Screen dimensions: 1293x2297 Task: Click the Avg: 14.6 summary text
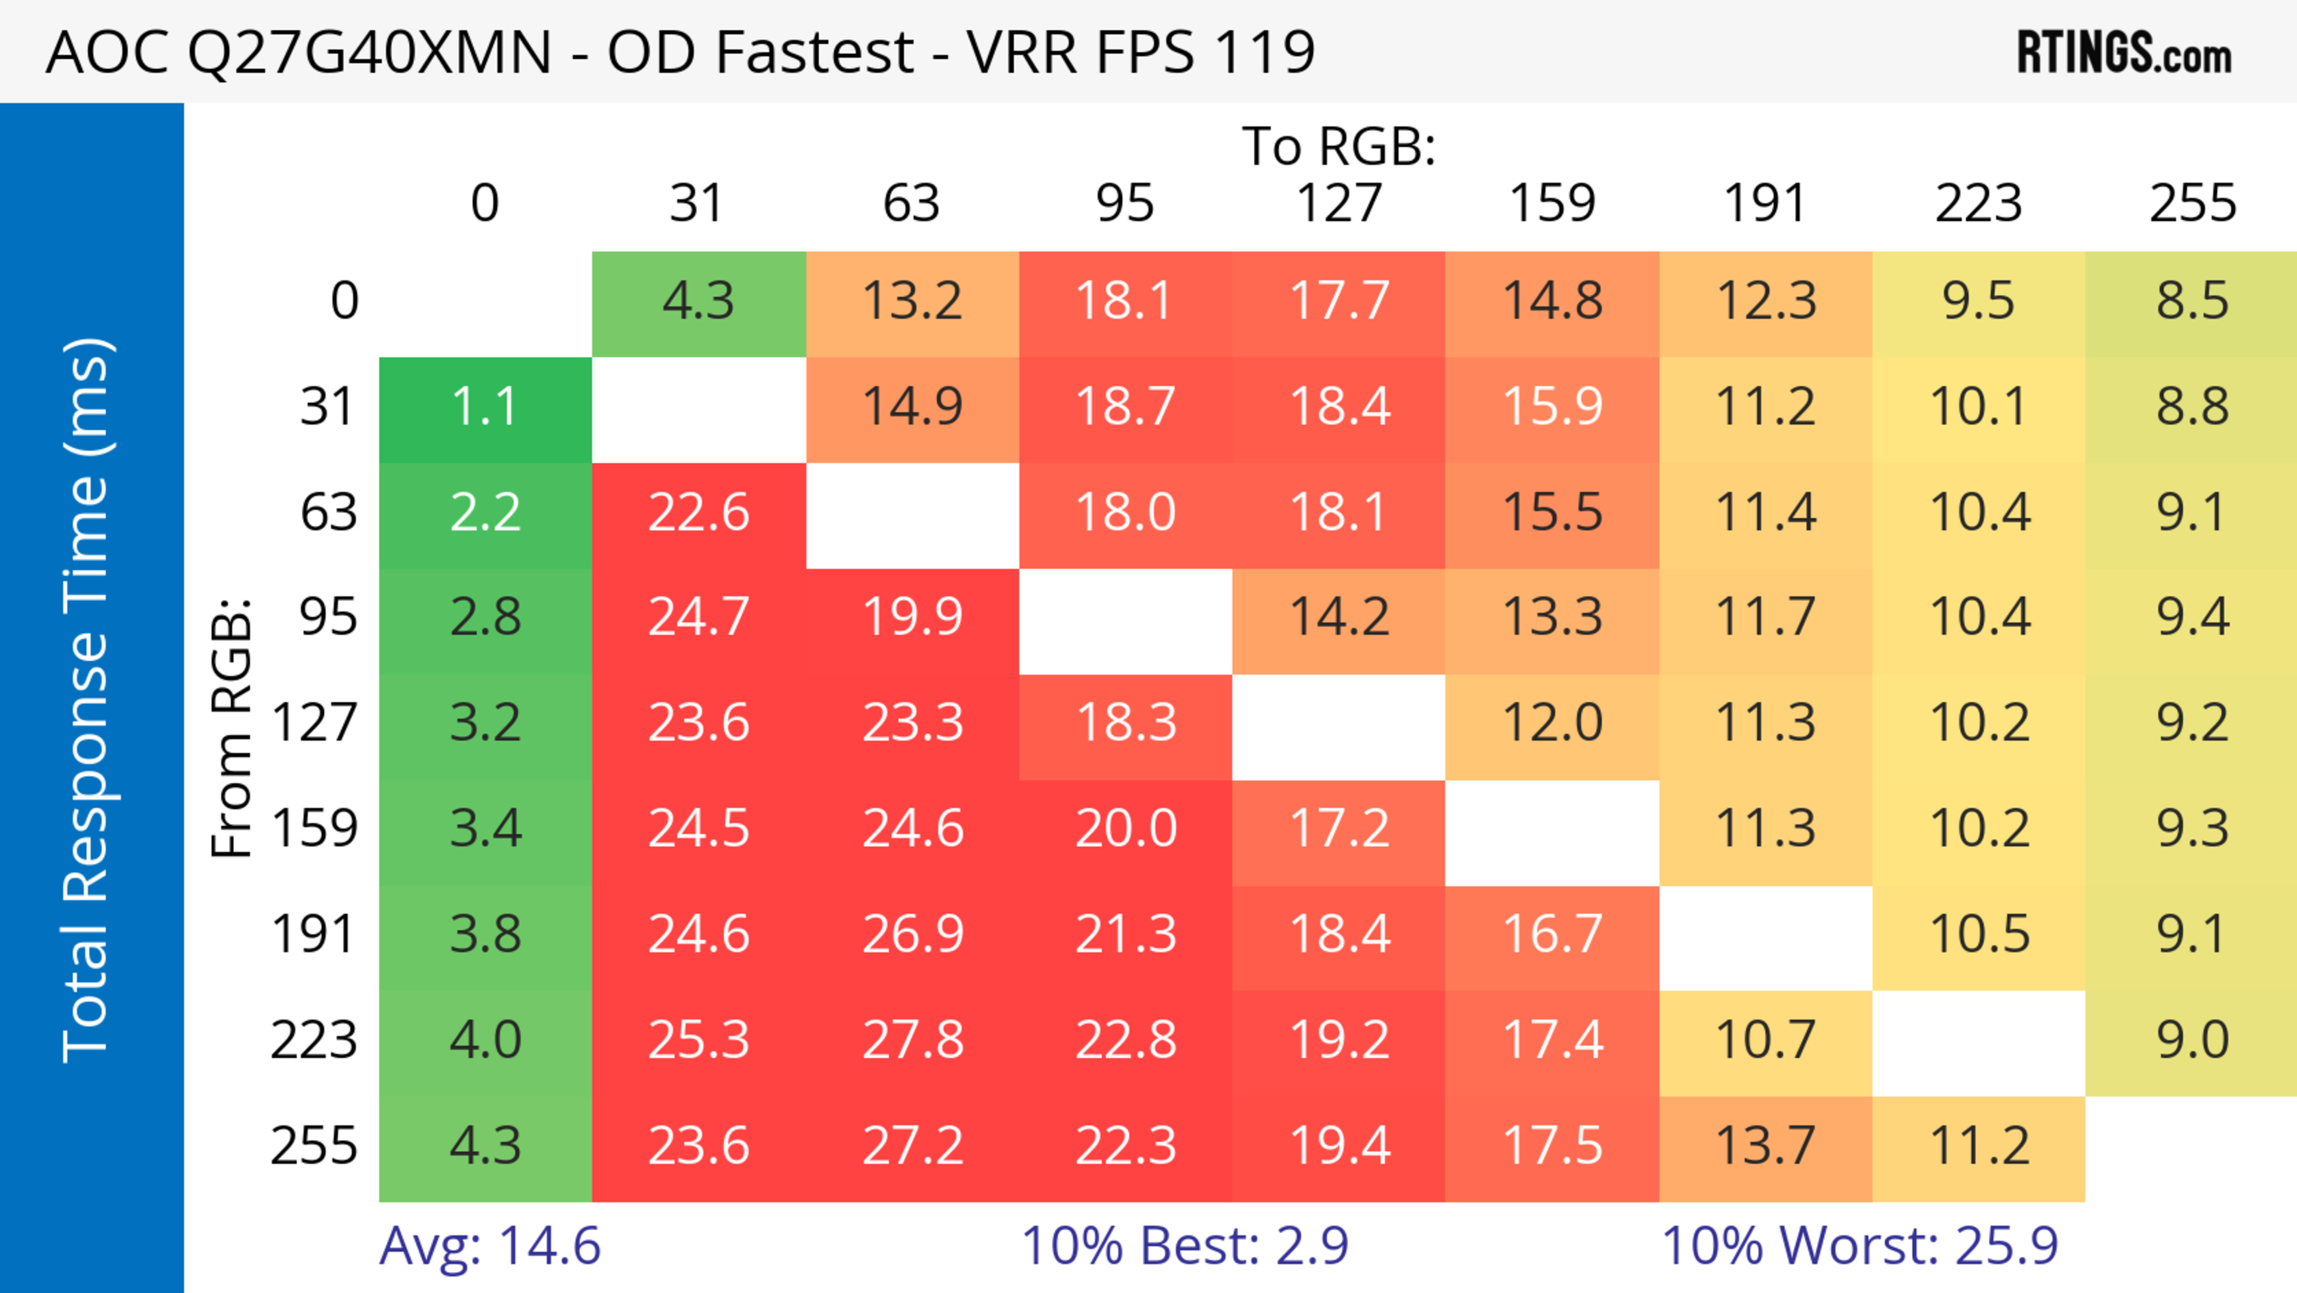489,1246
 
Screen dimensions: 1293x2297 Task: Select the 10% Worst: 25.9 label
1859,1246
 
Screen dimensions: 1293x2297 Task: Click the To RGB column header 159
1552,203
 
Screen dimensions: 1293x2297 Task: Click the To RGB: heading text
1339,146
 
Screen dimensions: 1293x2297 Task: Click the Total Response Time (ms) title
87,700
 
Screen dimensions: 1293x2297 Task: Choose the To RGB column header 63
911,203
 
